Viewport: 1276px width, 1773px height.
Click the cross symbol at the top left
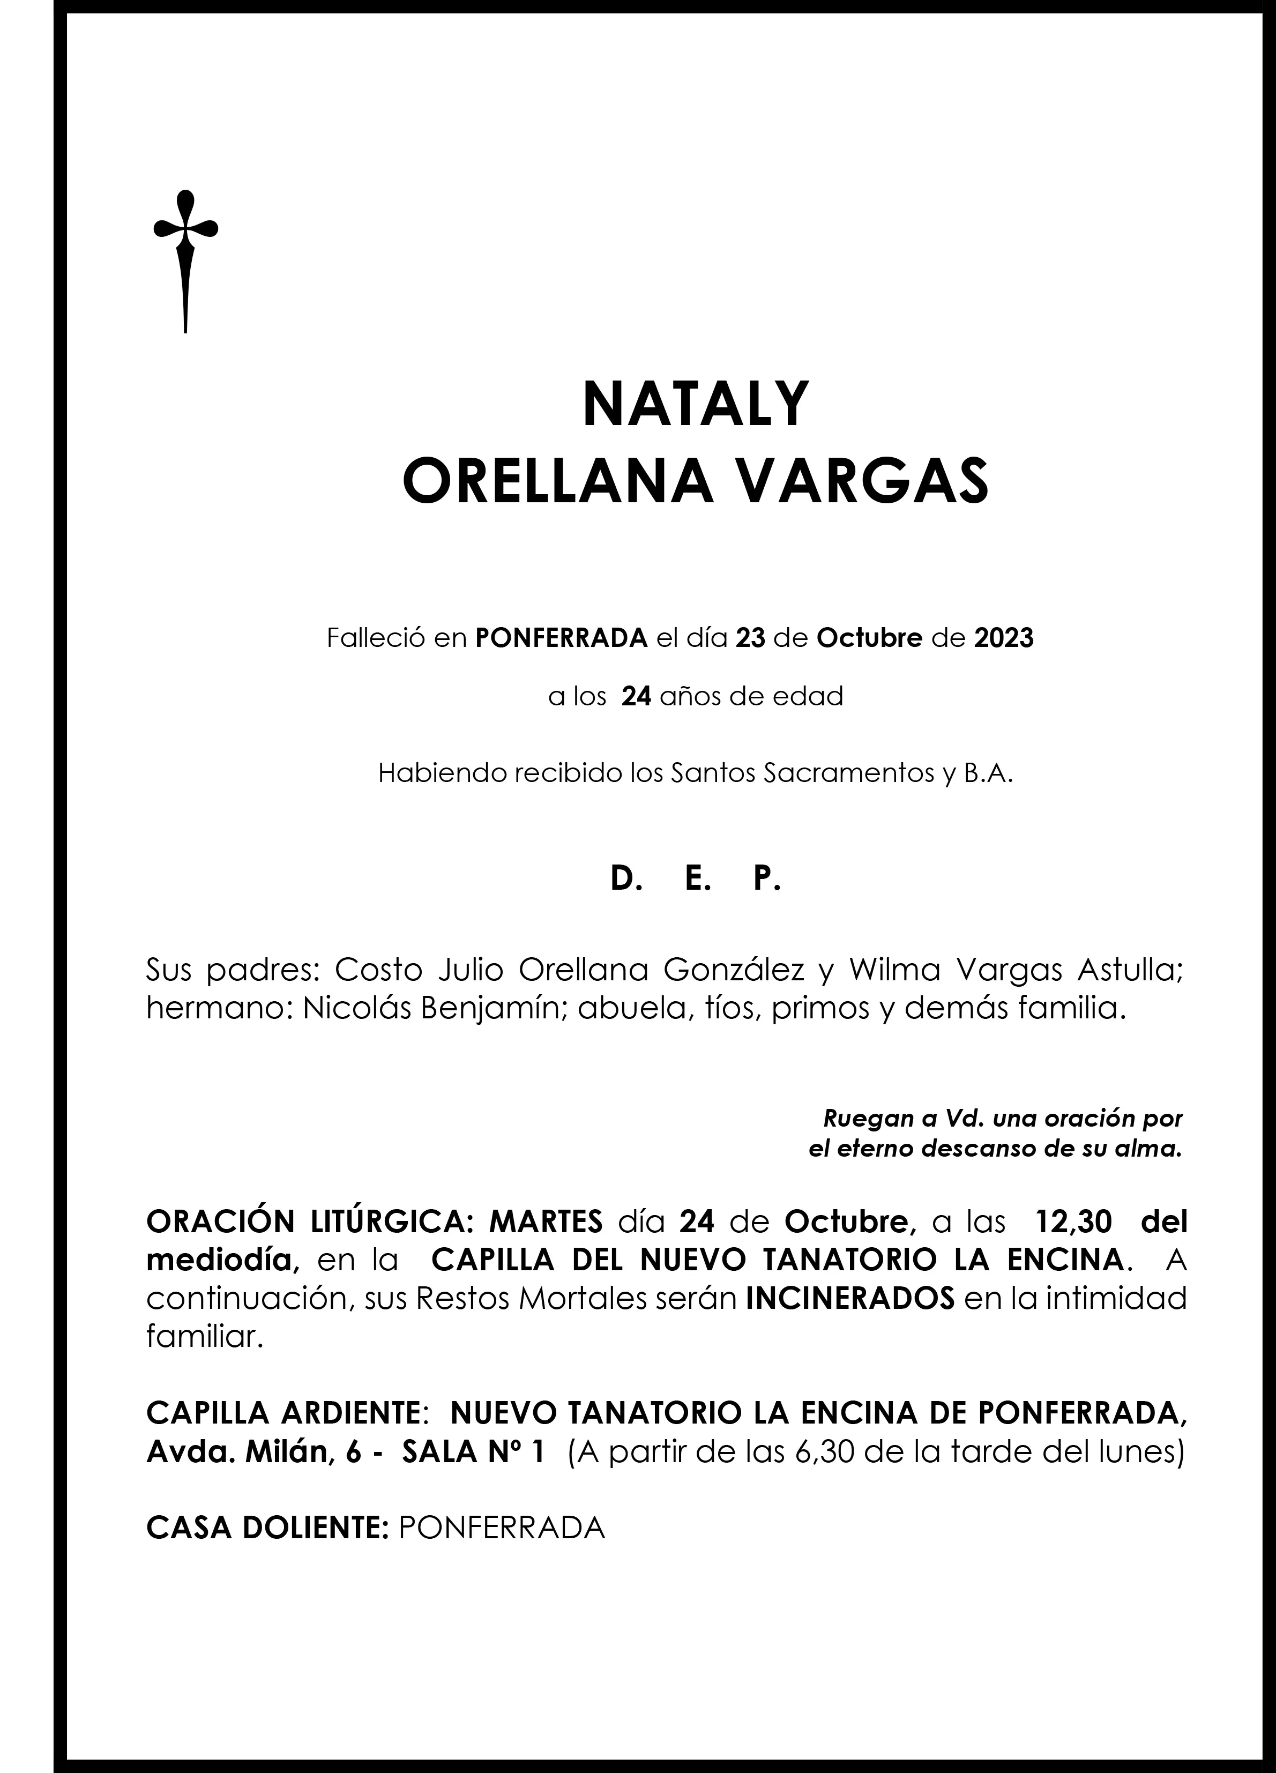[x=185, y=258]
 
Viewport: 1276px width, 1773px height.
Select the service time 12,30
[x=1073, y=1221]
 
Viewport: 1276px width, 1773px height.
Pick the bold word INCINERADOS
[x=850, y=1299]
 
